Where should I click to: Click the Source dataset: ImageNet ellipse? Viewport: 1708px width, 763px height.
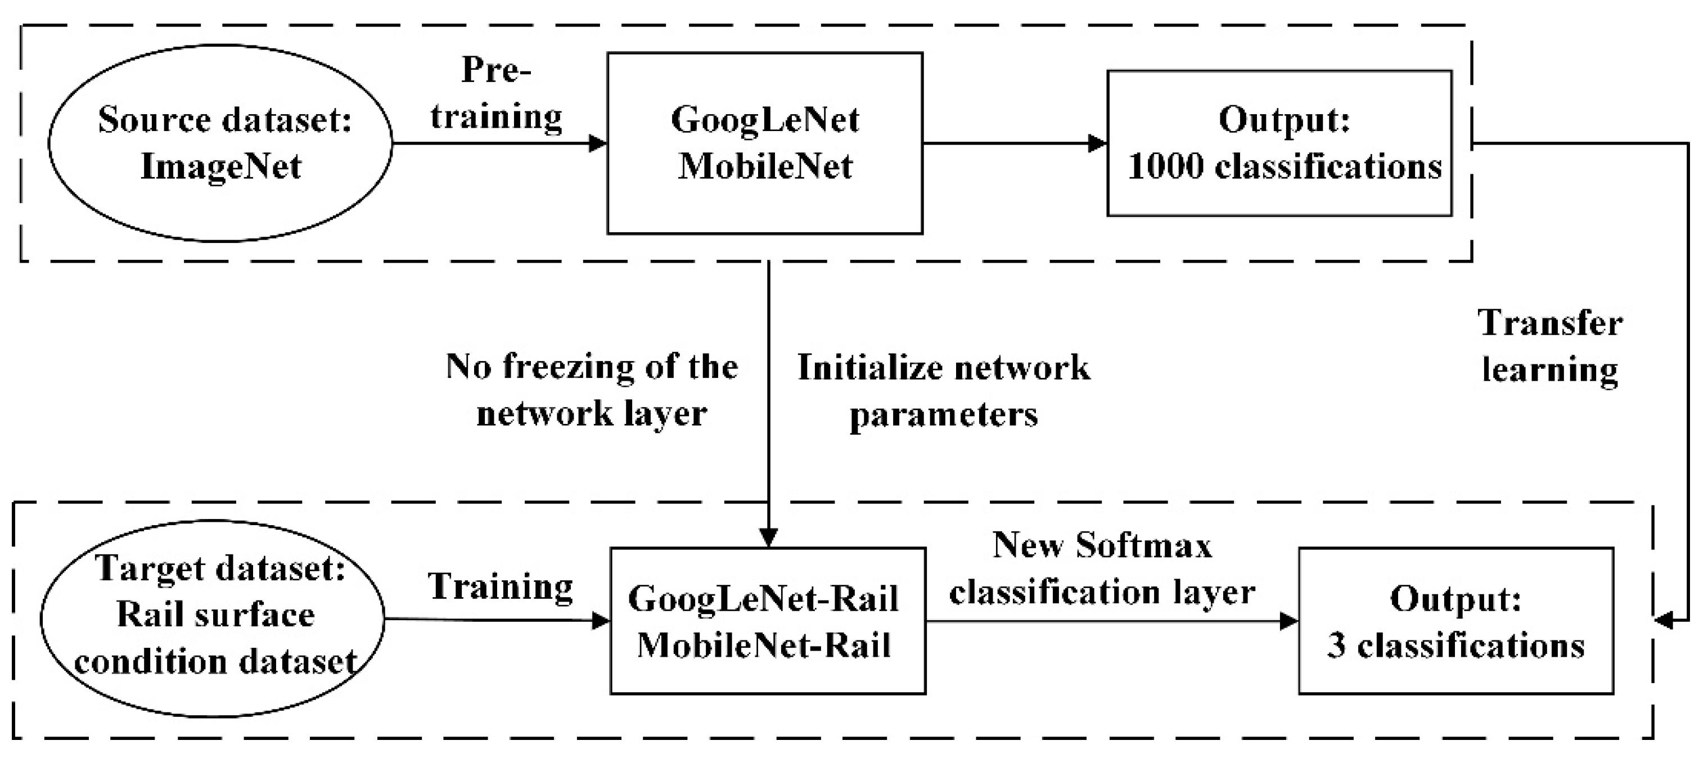[220, 142]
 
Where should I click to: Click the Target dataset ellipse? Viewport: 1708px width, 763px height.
[212, 618]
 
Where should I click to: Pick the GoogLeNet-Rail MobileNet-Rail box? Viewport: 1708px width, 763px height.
[767, 621]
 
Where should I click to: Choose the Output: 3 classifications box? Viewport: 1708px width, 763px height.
[1455, 621]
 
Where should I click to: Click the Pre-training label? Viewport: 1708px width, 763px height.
[496, 93]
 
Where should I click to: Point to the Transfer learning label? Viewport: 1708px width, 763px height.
[1550, 346]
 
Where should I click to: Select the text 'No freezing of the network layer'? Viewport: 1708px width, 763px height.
[592, 389]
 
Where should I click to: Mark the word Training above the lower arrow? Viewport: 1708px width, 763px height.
[501, 586]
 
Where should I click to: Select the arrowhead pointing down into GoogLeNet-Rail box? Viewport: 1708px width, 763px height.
[768, 537]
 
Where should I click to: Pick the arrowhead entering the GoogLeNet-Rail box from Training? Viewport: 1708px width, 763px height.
[601, 621]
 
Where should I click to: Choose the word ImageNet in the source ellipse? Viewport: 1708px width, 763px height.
[221, 166]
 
